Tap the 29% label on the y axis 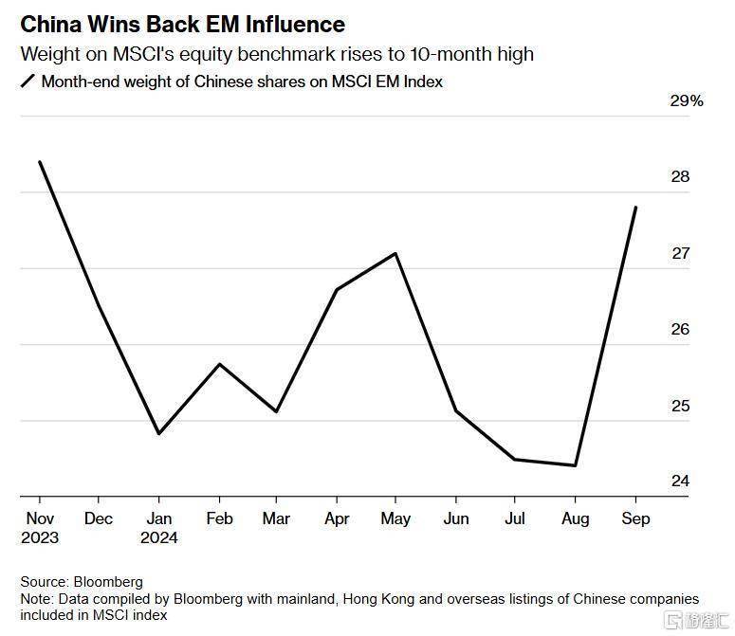point(687,101)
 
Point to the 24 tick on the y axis point(681,482)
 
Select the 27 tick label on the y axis point(681,253)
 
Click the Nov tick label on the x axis point(40,518)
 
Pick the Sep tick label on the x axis point(634,518)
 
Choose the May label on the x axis point(395,518)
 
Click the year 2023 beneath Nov point(40,537)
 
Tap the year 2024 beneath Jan point(158,537)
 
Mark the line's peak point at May point(395,253)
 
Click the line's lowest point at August point(575,465)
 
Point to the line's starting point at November point(40,162)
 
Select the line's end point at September point(634,208)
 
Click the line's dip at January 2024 point(158,433)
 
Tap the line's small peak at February point(219,364)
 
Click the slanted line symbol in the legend point(27,82)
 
